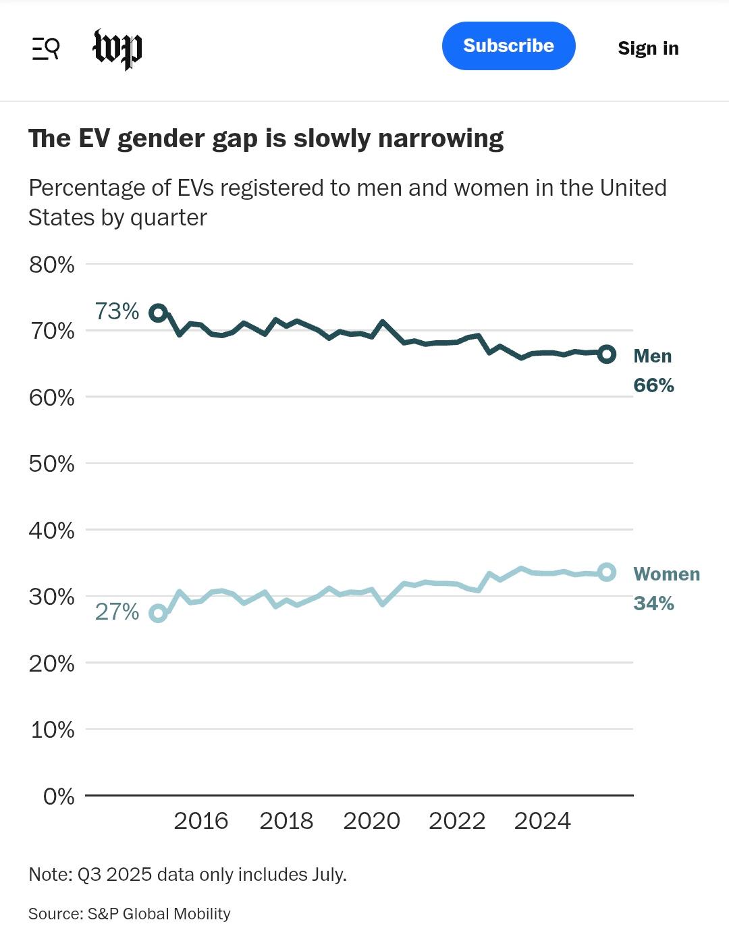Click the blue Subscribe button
(508, 46)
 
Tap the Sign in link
(648, 48)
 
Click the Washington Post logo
(117, 49)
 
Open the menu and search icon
(46, 49)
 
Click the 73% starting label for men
(117, 311)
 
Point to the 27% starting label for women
(117, 612)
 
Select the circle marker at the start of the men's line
(158, 313)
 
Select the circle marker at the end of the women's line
(607, 572)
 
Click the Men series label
(653, 356)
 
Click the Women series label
(666, 574)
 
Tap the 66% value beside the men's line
(653, 385)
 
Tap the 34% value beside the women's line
(653, 603)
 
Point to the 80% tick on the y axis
(52, 265)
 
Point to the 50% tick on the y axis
(52, 464)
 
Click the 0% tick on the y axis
(59, 796)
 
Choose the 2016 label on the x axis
(200, 821)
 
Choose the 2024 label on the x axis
(542, 821)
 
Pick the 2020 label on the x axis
(371, 821)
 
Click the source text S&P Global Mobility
(159, 914)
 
